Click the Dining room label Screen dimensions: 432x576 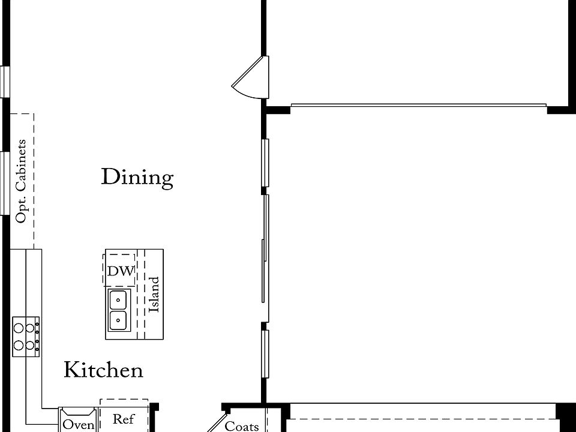137,178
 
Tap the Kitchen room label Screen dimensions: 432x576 103,370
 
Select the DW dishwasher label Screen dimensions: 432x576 121,271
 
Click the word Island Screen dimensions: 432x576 154,294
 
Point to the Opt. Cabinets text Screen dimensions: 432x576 22,181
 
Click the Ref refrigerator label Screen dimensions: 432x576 124,419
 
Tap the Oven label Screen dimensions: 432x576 79,425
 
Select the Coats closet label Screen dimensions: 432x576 242,426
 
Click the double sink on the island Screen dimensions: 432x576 119,310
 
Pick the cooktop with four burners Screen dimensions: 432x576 26,337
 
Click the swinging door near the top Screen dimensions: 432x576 249,78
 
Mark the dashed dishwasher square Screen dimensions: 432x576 119,269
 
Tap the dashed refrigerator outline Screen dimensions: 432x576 124,414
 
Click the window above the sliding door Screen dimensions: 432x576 265,163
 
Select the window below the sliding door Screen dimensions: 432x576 265,354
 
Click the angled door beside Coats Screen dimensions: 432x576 217,422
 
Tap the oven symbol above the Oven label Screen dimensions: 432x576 78,412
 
